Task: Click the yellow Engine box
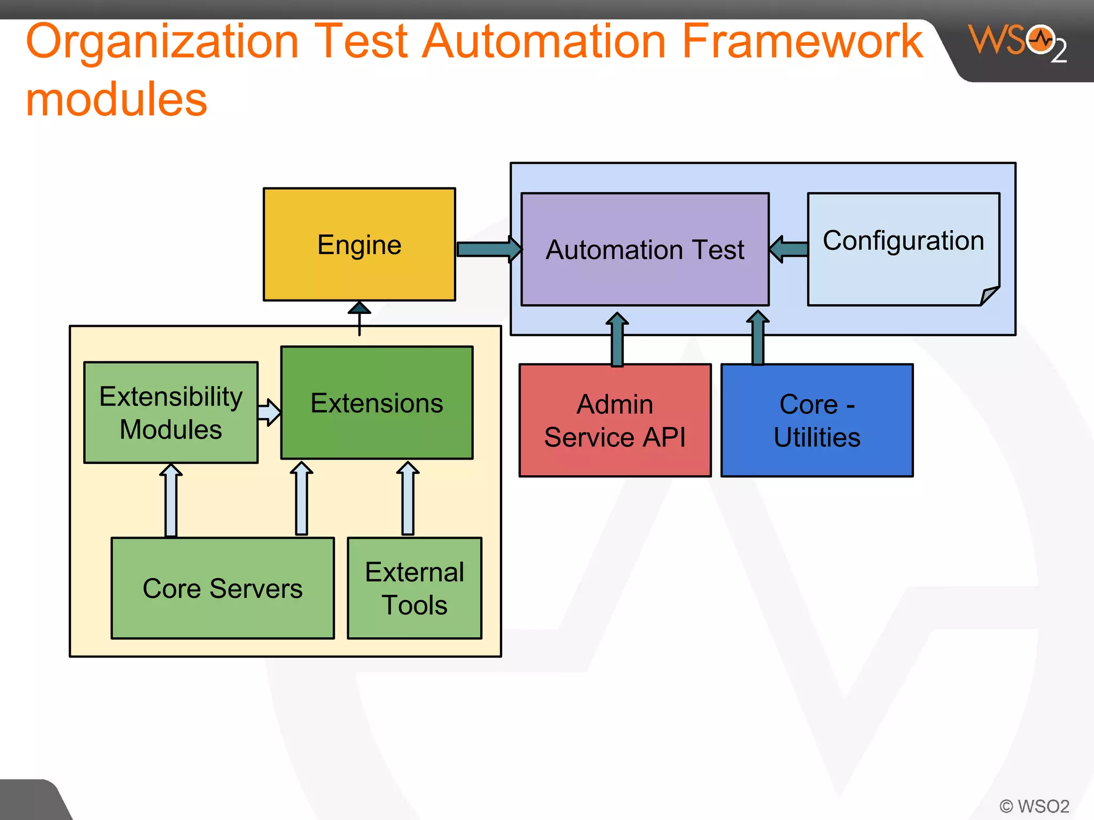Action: tap(359, 245)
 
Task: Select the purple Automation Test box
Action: tap(645, 249)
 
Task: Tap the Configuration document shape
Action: tap(903, 249)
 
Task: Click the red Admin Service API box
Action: tap(615, 420)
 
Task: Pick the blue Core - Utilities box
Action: tap(817, 420)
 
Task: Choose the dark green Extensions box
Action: tap(377, 403)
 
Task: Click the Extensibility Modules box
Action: tap(171, 412)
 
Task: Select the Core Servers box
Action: tap(222, 588)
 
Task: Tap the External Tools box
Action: tap(415, 588)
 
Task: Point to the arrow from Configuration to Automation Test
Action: tap(789, 249)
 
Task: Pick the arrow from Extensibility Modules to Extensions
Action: tap(269, 412)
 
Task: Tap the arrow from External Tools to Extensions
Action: tap(408, 499)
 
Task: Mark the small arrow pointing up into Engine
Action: tap(360, 317)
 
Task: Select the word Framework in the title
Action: tap(802, 42)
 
